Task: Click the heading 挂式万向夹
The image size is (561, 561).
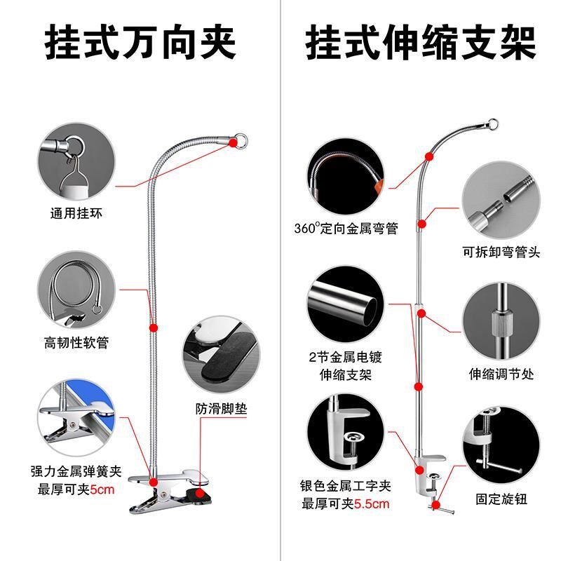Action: (x=140, y=43)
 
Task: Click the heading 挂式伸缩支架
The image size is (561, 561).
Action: (x=421, y=43)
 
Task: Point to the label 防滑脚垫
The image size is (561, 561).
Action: (x=217, y=407)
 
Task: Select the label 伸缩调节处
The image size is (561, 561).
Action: (x=501, y=374)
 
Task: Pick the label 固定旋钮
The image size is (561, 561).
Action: (x=501, y=500)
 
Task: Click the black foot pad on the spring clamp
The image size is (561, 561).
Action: (x=208, y=499)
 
